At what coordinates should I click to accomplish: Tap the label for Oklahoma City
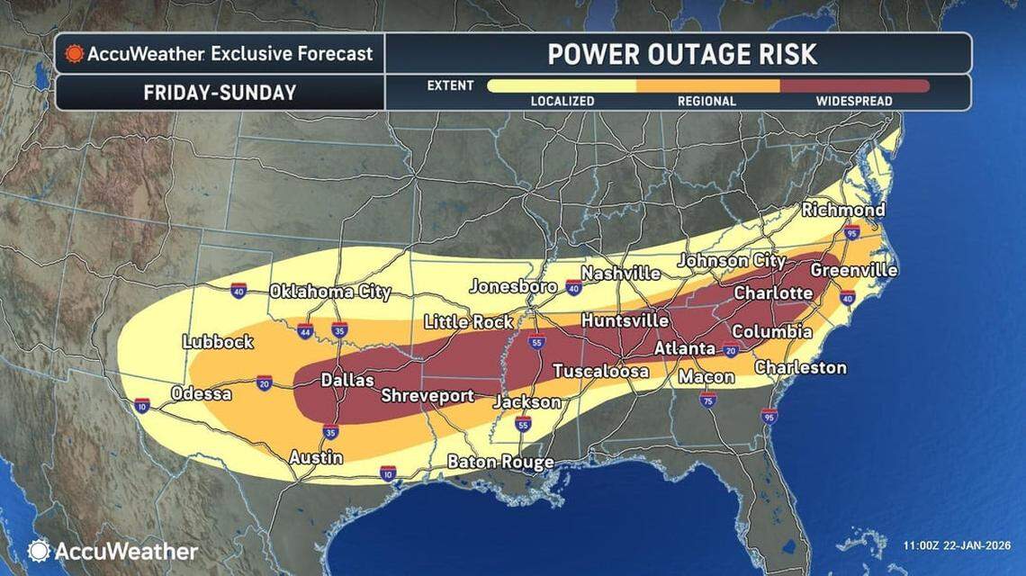[x=330, y=292]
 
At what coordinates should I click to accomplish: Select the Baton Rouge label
[x=500, y=463]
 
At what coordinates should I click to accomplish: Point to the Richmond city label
[x=842, y=210]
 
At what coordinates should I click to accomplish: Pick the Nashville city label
[x=620, y=273]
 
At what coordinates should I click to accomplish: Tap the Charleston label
[x=800, y=367]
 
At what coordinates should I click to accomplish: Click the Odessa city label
[x=201, y=394]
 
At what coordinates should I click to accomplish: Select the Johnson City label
[x=731, y=260]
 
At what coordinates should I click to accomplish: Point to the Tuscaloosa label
[x=600, y=371]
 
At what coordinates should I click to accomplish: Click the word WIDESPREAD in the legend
[x=853, y=102]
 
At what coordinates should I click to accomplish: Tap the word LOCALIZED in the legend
[x=562, y=102]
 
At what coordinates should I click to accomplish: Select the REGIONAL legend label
[x=706, y=102]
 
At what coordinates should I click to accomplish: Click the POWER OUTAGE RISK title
[x=682, y=54]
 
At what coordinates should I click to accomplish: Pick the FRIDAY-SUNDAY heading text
[x=219, y=93]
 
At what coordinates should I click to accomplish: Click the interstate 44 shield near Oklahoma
[x=305, y=330]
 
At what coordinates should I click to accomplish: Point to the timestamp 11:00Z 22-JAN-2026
[x=956, y=545]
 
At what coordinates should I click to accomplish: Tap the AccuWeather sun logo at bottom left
[x=39, y=551]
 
